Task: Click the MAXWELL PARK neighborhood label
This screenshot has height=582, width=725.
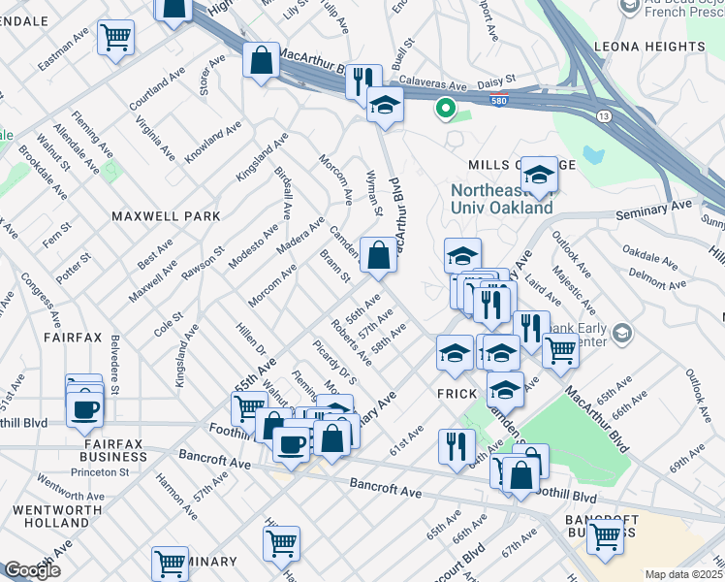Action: pos(165,216)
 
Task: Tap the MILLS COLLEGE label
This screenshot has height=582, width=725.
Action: pos(501,165)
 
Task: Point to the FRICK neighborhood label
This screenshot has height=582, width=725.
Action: pos(457,394)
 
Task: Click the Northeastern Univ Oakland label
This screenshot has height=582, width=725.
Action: pos(501,199)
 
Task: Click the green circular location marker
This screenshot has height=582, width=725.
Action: pos(446,109)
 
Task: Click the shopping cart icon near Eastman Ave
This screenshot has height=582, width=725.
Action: pos(116,39)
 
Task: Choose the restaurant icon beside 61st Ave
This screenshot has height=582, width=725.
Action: pos(457,446)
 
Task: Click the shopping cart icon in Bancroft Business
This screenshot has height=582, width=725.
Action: pos(606,535)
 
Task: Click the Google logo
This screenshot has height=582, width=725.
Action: pos(32,570)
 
